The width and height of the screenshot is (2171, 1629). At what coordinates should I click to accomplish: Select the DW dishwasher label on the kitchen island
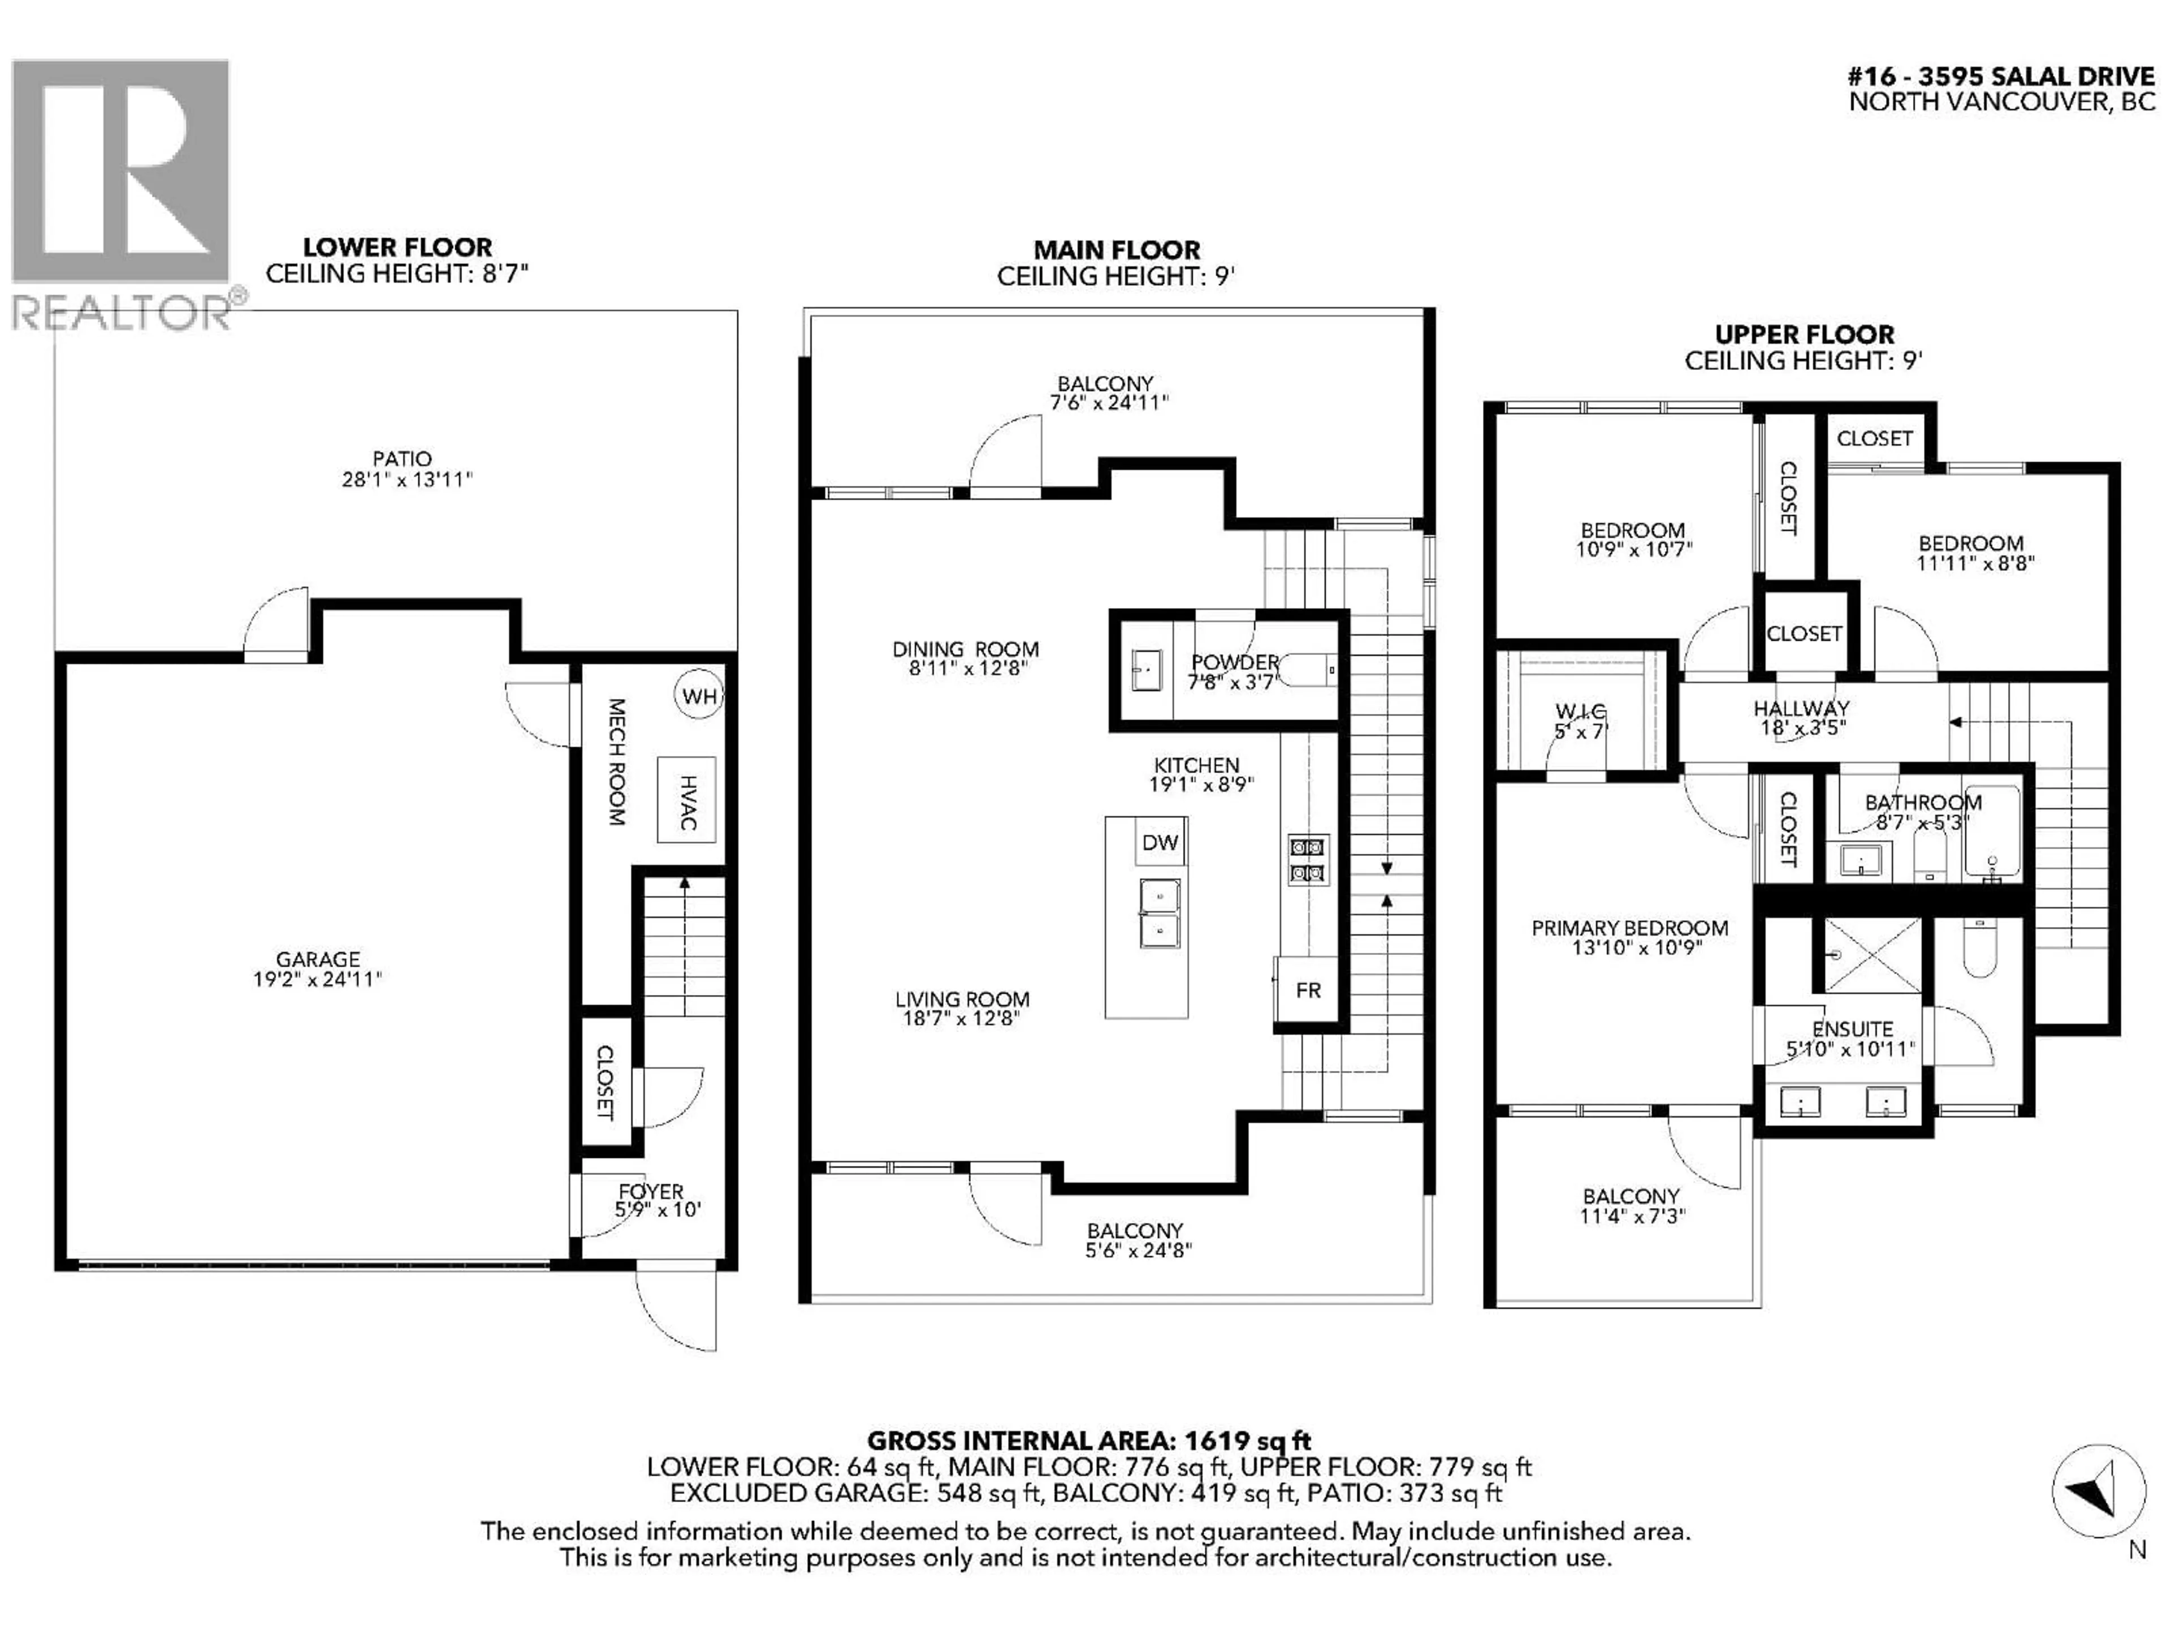[x=1160, y=842]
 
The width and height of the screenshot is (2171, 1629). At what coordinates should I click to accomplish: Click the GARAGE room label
[x=318, y=959]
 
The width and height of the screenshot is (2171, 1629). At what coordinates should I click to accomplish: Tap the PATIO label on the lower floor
[x=401, y=459]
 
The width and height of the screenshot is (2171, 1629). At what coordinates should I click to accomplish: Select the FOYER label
[x=651, y=1192]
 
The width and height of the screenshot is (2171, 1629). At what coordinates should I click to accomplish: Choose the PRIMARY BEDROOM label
[x=1630, y=928]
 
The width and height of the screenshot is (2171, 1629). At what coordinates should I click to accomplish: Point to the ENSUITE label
[x=1852, y=1029]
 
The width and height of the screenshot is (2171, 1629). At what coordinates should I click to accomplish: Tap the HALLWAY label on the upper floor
[x=1801, y=708]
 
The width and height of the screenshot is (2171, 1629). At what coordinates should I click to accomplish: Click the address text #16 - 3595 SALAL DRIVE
[x=2001, y=76]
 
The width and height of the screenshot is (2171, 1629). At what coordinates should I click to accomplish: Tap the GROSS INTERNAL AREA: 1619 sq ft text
[x=1089, y=1441]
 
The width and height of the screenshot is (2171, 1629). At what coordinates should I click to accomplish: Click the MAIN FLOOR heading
[x=1117, y=251]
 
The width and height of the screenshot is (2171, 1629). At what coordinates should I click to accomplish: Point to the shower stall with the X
[x=1872, y=954]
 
